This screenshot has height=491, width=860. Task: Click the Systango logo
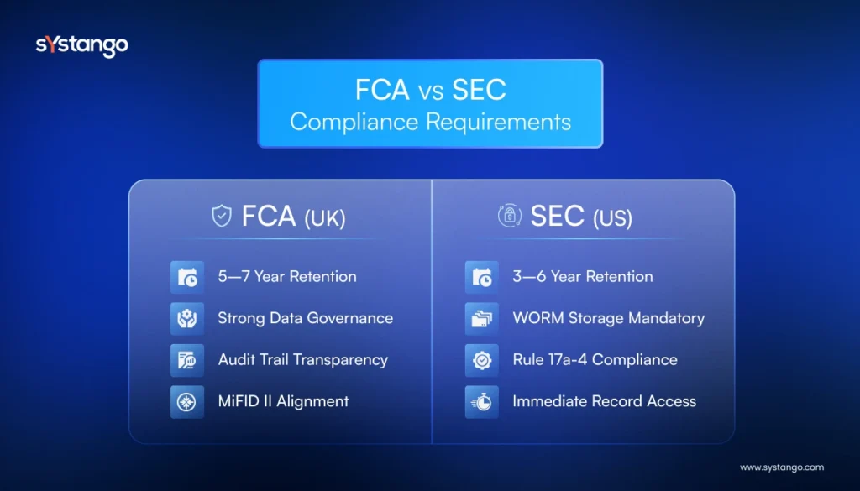tap(81, 45)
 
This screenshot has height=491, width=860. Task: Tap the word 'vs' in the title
tap(429, 91)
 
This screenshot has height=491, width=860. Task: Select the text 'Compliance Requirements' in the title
tap(430, 121)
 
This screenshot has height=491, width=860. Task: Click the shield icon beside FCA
tap(221, 217)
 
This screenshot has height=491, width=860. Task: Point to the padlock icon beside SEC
tap(509, 217)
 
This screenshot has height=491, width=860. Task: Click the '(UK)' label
tap(324, 218)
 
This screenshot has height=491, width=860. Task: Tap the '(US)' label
tap(612, 218)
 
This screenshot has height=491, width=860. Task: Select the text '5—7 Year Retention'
tap(287, 276)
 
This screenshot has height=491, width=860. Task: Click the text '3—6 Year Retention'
tap(582, 276)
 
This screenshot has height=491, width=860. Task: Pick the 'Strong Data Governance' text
tap(305, 318)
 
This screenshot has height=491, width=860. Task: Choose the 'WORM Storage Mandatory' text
tap(608, 318)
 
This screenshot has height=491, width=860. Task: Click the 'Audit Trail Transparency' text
tap(302, 359)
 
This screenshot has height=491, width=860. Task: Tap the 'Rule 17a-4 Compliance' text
tap(595, 359)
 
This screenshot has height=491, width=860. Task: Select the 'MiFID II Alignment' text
tap(283, 401)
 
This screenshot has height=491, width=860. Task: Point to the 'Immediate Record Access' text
tap(604, 401)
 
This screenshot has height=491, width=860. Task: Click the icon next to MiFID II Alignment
tap(186, 401)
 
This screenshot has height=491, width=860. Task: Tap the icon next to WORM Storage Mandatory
tap(481, 318)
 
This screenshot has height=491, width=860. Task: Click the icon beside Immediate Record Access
tap(481, 401)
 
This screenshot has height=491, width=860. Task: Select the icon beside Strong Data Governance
tap(186, 318)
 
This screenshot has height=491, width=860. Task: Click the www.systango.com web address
tap(781, 467)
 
